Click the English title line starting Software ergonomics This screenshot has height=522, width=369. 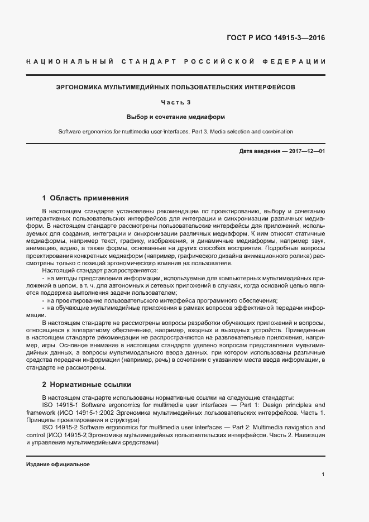[x=176, y=132]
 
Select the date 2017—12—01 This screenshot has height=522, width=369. [x=306, y=151]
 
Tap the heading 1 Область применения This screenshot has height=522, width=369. [x=85, y=198]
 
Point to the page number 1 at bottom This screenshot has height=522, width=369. [x=323, y=475]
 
